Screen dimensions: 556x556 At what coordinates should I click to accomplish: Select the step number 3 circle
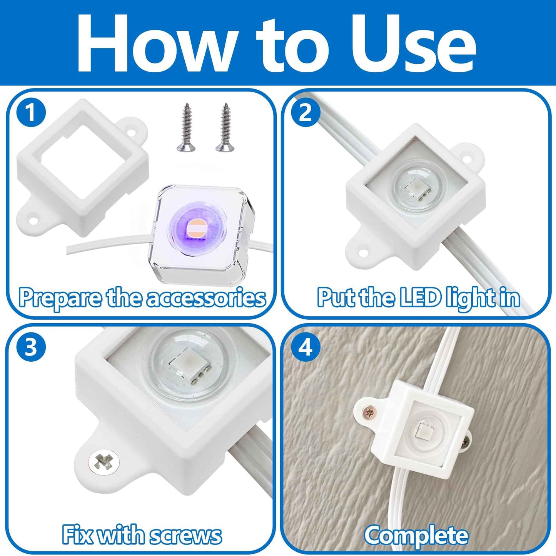tap(31, 347)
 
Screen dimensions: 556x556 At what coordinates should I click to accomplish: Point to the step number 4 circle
tap(306, 347)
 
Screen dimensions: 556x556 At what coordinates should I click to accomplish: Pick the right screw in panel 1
tap(223, 127)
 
